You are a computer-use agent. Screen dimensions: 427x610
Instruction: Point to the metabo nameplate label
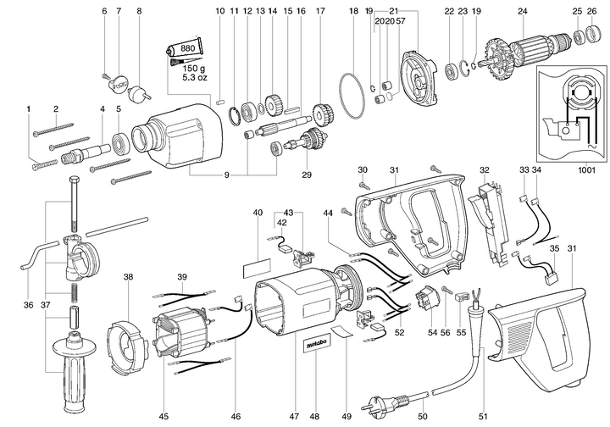tap(315, 347)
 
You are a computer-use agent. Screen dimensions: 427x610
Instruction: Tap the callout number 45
tap(164, 391)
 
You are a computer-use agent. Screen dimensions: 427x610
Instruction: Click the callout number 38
tap(128, 277)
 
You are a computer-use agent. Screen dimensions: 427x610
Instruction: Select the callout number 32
tap(485, 170)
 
